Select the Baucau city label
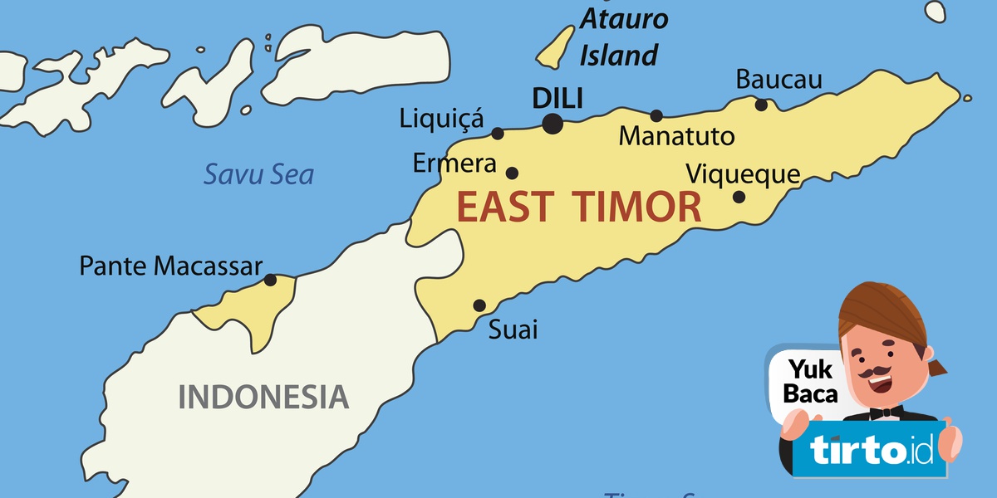pos(778,80)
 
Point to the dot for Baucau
pos(761,104)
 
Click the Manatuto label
pos(677,135)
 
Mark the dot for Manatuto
pos(656,115)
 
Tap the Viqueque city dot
pos(739,197)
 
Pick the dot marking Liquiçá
pos(498,133)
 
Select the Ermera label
pos(454,164)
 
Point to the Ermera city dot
pos(512,173)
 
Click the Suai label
pos(513,330)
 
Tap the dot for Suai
pos(479,305)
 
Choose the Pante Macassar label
pos(170,266)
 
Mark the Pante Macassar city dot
pos(270,280)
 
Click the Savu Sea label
pos(259,175)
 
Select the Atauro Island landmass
pos(555,47)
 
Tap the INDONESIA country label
pos(263,396)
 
